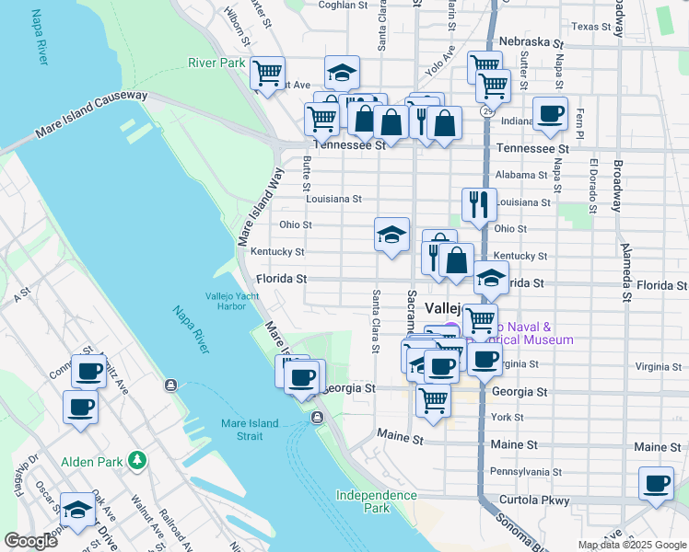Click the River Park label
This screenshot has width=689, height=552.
pos(216,63)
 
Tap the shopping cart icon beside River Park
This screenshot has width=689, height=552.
pos(267,73)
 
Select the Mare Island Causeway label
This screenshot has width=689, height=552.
pos(91,115)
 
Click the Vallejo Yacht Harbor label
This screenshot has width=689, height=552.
pos(232,301)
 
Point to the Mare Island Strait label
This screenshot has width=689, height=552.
pos(260,430)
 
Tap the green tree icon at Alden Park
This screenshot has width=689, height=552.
pos(137,458)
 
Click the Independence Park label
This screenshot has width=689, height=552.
pos(376,500)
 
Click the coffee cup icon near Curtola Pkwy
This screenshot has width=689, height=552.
pos(657,484)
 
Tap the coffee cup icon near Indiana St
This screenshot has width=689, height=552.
pos(551,114)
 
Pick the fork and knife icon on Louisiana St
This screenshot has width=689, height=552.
pos(478,204)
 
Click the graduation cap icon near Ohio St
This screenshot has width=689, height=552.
pos(391,235)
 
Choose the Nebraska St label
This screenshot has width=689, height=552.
pos(531,42)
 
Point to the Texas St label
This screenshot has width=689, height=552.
pos(591,27)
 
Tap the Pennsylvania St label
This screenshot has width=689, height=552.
pos(525,472)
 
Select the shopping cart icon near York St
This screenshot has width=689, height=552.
pos(432,400)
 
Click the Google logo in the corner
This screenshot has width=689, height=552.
pos(30,541)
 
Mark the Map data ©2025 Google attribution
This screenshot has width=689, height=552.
pos(631,545)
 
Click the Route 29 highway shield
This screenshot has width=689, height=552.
pos(485,110)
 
